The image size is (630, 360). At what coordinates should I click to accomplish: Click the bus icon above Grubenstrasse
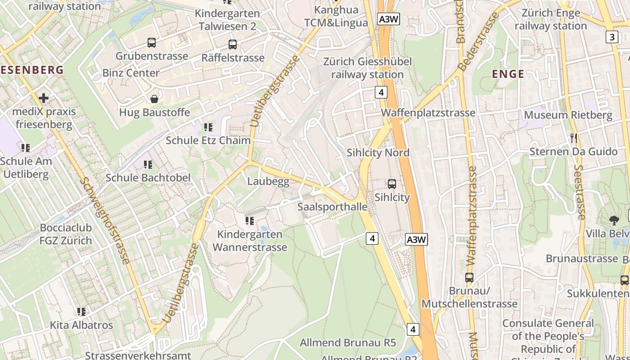[x=152, y=43]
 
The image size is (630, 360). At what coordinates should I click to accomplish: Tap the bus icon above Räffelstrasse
[x=232, y=45]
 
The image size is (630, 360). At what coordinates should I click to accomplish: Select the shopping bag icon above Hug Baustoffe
[x=154, y=99]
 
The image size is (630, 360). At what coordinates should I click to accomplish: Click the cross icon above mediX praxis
[x=44, y=98]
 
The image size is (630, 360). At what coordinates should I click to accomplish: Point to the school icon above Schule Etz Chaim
[x=208, y=127]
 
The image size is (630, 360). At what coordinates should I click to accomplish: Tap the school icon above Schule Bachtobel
[x=148, y=165]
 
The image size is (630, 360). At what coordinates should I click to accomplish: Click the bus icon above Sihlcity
[x=392, y=184]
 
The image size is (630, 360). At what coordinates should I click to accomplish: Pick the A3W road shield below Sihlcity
[x=416, y=239]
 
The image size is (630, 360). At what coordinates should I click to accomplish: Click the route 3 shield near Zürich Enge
[x=612, y=37]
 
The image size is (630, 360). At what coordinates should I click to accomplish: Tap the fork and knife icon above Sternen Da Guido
[x=573, y=138]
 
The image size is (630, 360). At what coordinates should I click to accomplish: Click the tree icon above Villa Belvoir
[x=614, y=220]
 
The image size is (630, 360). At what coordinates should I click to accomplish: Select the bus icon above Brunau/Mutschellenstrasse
[x=469, y=277]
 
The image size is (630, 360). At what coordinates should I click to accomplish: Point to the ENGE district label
[x=508, y=74]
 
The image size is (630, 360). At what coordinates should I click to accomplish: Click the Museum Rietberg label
[x=568, y=115]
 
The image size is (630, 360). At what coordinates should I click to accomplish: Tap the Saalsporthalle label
[x=333, y=207]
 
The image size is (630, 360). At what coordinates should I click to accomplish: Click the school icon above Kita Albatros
[x=81, y=311]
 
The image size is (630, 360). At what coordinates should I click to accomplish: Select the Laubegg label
[x=268, y=181]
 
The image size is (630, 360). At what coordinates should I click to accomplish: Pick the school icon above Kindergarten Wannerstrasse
[x=250, y=220]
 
